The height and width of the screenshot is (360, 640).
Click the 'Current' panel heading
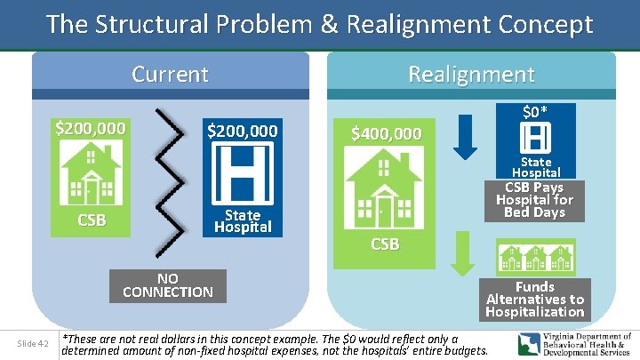pyautogui.click(x=170, y=74)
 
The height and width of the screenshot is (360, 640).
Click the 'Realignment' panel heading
pyautogui.click(x=471, y=74)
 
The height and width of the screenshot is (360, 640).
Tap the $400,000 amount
pyautogui.click(x=386, y=134)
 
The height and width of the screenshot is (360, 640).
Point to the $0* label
pyautogui.click(x=535, y=112)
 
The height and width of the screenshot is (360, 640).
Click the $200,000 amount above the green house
pyautogui.click(x=91, y=128)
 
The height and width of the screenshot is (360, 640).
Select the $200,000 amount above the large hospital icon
pyautogui.click(x=242, y=132)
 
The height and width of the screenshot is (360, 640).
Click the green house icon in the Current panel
pyautogui.click(x=91, y=173)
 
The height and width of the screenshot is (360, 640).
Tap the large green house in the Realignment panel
pyautogui.click(x=384, y=189)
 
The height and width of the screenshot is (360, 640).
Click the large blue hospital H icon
pyautogui.click(x=242, y=174)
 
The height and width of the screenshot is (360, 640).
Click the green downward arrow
pyautogui.click(x=460, y=255)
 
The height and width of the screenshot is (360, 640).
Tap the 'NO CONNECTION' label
pyautogui.click(x=168, y=285)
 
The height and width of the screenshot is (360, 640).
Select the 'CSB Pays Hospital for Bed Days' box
pyautogui.click(x=535, y=200)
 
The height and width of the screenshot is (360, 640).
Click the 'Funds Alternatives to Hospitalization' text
pyautogui.click(x=535, y=300)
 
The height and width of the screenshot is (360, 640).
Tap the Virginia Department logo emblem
pyautogui.click(x=531, y=344)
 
